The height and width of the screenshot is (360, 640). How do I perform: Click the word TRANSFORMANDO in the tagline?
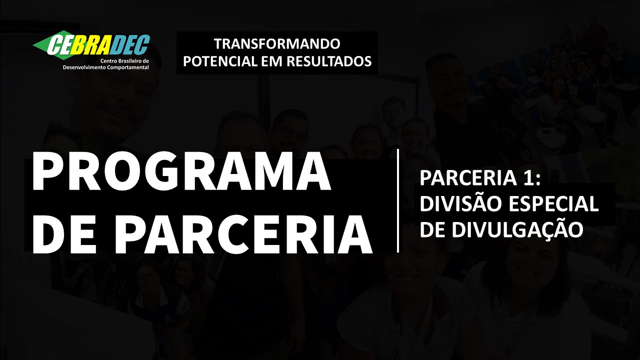pos(277,43)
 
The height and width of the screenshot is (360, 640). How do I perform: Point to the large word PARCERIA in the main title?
pos(247,235)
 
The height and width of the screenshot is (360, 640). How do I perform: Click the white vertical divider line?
pos(398,201)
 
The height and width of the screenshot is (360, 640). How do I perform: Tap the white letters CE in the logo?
pos(60,45)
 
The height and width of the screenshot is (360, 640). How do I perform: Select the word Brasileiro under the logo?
pos(126,61)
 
